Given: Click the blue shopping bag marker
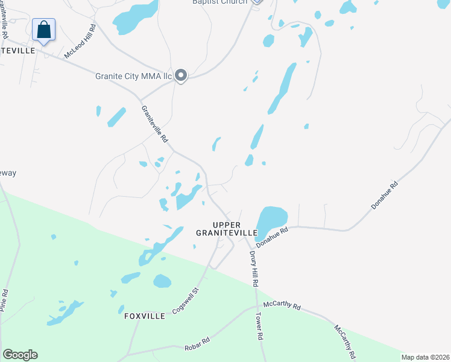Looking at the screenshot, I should pos(43,30).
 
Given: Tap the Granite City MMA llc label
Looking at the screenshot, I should pos(134,76).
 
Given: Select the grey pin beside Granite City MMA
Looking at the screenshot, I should pos(181,75).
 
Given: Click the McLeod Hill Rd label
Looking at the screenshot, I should pos(81,42).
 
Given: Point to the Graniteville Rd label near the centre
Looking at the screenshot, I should pos(154,124).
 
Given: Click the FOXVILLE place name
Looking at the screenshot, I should pos(145,316).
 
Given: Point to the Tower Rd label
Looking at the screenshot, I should pos(260,326).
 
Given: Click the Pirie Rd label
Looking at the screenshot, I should pos(5,300).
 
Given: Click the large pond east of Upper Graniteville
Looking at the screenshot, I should pos(273,220).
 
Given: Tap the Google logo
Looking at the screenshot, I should pos(20,355).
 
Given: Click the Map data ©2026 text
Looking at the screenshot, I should pos(425,357).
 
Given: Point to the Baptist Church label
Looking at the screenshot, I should pos(219,2).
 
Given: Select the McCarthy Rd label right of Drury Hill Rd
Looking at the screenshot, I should pos(282,305).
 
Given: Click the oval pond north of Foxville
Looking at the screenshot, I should pos(162,281).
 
